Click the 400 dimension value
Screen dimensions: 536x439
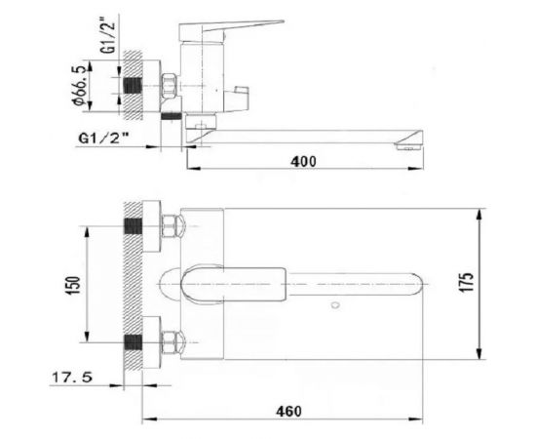pyautogui.click(x=303, y=162)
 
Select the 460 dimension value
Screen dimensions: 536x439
pyautogui.click(x=288, y=412)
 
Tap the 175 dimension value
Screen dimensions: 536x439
pyautogui.click(x=467, y=282)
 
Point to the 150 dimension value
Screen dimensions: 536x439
pyautogui.click(x=74, y=284)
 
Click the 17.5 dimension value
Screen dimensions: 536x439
pyautogui.click(x=72, y=378)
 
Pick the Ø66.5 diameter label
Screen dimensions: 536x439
pyautogui.click(x=78, y=86)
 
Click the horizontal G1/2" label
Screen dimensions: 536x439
pyautogui.click(x=103, y=139)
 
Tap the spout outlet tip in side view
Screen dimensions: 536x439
pyautogui.click(x=409, y=146)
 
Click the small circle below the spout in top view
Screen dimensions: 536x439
pyautogui.click(x=335, y=305)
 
